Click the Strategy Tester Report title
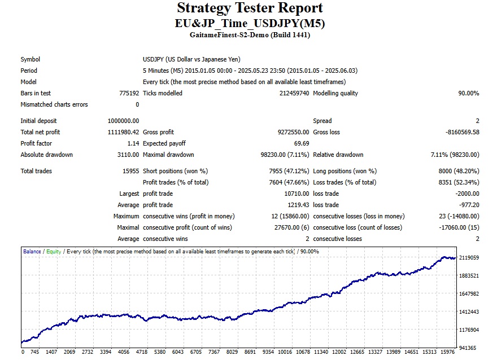pos(250,8)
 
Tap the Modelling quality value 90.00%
pos(468,93)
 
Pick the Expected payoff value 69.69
pos(300,143)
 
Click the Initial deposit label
pos(38,121)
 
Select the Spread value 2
pos(477,121)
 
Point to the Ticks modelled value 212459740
pos(294,93)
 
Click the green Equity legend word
pos(54,252)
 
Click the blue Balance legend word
pos(32,252)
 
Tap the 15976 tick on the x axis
pos(448,353)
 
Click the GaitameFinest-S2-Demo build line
pos(250,35)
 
